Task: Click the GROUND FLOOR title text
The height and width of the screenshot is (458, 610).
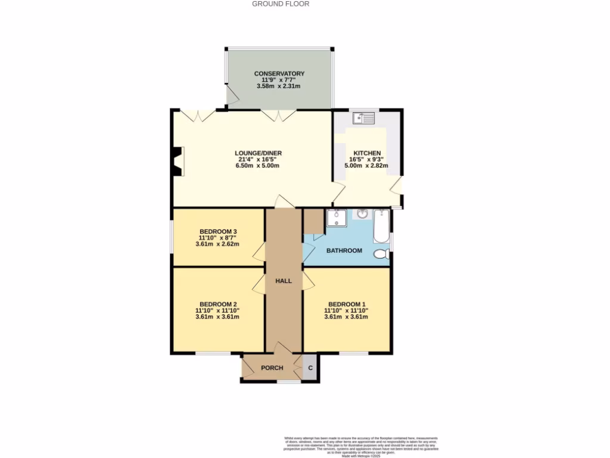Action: pos(281,4)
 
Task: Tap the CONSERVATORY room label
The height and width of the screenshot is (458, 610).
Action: pos(279,73)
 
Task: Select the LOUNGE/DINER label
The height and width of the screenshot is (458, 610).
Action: pos(258,153)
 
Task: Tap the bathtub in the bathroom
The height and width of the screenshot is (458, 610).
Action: pos(381,226)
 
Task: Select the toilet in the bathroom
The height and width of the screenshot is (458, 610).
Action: pos(381,254)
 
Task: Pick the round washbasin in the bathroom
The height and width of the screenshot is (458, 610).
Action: pos(362,214)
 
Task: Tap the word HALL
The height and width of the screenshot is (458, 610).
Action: pos(284,280)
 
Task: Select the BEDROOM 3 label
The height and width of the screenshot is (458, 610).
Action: pos(219,231)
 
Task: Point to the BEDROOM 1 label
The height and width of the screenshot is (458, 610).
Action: pos(346,303)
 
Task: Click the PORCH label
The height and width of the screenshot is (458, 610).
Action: pos(272,368)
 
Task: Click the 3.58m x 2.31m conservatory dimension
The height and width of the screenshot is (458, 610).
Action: pos(279,86)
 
